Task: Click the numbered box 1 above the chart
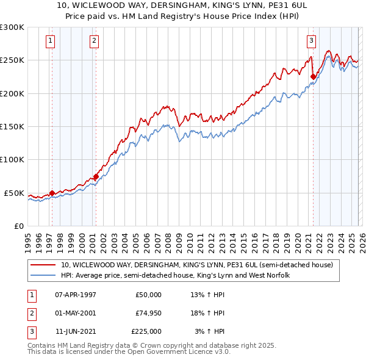click(x=49, y=41)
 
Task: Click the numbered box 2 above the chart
click(x=94, y=41)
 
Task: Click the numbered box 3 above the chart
click(x=311, y=41)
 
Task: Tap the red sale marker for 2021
click(x=314, y=77)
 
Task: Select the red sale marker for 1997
click(x=52, y=193)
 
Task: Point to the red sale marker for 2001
click(x=96, y=177)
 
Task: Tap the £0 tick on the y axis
click(x=18, y=226)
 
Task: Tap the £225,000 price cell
click(x=146, y=331)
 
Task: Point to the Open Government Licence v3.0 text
click(x=177, y=352)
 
